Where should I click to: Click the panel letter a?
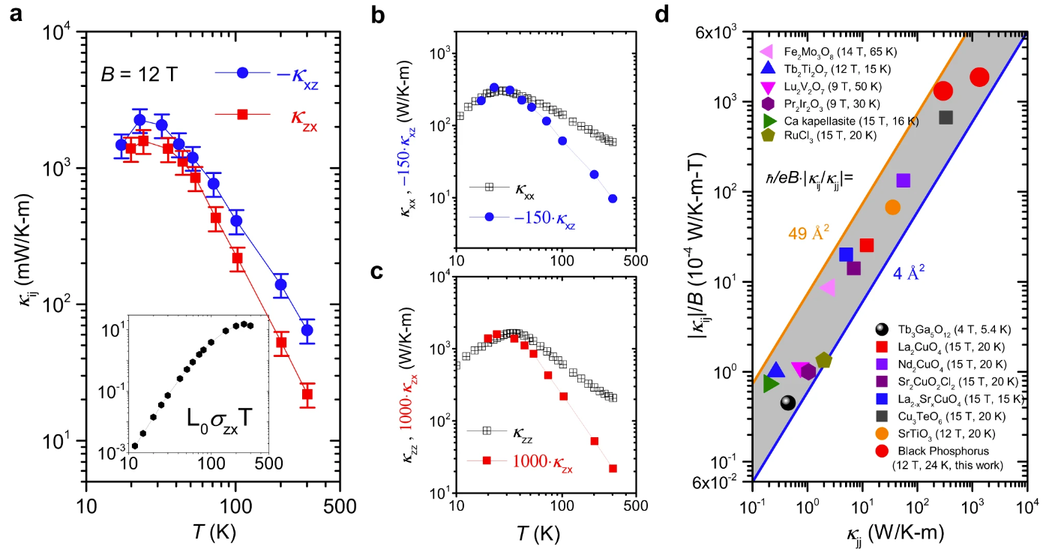(x=16, y=13)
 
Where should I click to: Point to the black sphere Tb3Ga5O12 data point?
(x=787, y=403)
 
